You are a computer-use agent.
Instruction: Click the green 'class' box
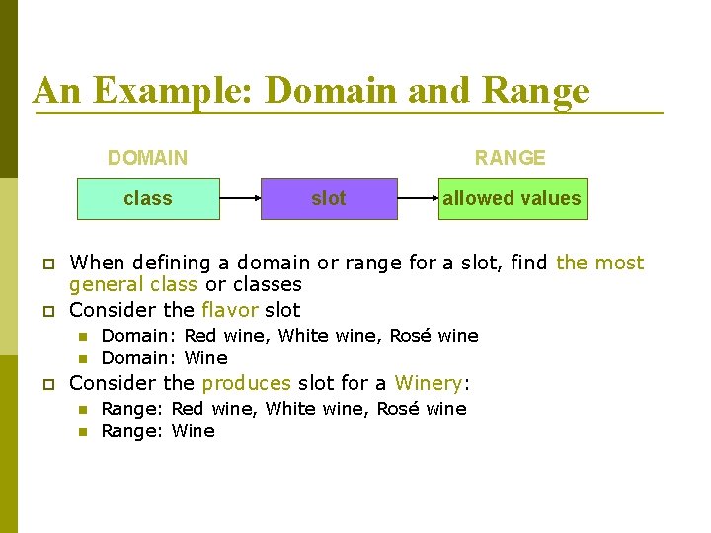tap(148, 198)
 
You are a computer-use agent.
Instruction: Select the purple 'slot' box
tap(329, 198)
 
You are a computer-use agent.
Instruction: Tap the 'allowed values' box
tap(512, 198)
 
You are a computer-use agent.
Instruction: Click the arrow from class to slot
tap(240, 198)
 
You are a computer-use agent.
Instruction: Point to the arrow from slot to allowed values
tap(419, 198)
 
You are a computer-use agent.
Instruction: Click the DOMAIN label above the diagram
tap(147, 158)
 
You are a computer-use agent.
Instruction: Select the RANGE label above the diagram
tap(510, 158)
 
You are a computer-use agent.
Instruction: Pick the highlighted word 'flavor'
tap(229, 309)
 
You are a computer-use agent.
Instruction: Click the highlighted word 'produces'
tap(247, 383)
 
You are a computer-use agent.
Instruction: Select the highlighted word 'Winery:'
tap(432, 383)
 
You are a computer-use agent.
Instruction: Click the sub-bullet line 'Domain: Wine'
tap(164, 358)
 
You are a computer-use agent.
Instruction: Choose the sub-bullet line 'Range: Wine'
tap(158, 431)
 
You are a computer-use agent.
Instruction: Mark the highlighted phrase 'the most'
tap(599, 263)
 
